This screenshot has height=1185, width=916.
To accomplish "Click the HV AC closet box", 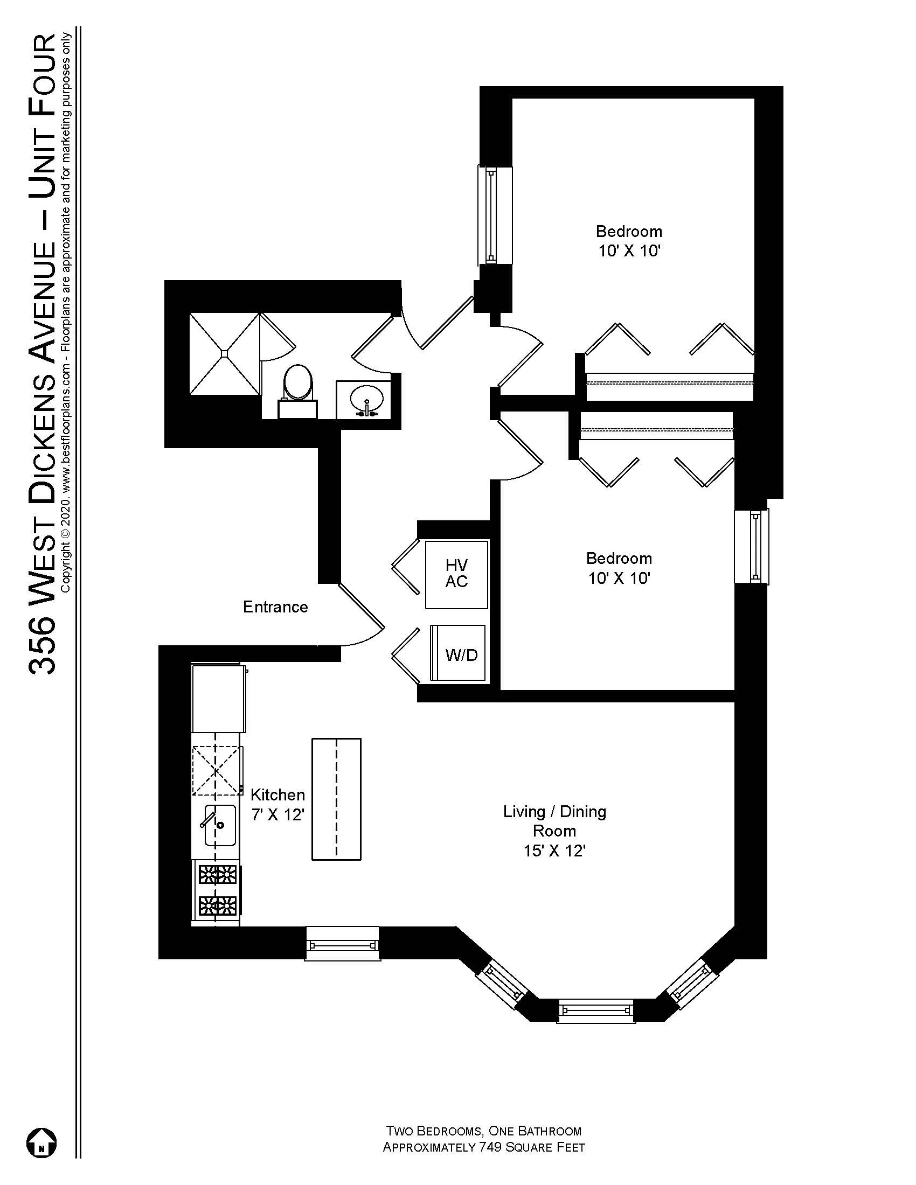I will pyautogui.click(x=456, y=574).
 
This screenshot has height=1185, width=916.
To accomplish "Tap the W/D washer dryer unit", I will pyautogui.click(x=459, y=653).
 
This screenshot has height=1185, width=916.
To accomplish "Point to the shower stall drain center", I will pyautogui.click(x=224, y=353).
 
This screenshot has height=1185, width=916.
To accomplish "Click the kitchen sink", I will pyautogui.click(x=220, y=825).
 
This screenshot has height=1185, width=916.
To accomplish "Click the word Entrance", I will pyautogui.click(x=275, y=607).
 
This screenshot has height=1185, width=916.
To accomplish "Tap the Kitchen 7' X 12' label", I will pyautogui.click(x=277, y=805).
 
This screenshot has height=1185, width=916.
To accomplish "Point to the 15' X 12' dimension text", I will pyautogui.click(x=554, y=850).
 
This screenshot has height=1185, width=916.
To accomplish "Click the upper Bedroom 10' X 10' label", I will pyautogui.click(x=629, y=241).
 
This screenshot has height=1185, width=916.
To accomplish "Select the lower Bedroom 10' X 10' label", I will pyautogui.click(x=619, y=568).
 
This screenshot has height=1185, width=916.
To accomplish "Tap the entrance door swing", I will pyautogui.click(x=361, y=616).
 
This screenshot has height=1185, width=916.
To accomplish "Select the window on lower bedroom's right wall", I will pyautogui.click(x=752, y=546).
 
